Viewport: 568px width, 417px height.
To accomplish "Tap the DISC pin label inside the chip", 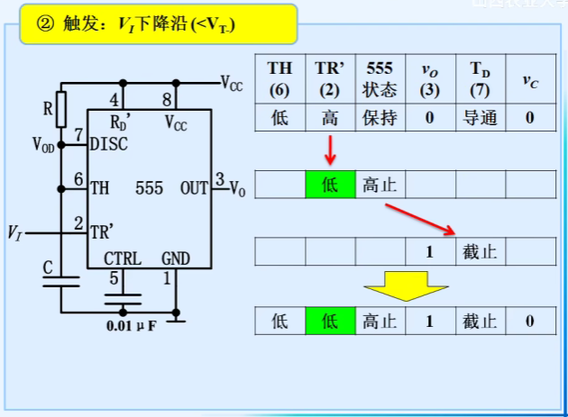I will click(109, 144).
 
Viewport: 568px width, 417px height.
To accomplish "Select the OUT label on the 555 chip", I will click(194, 188).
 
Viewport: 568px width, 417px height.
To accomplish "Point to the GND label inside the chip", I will click(176, 258).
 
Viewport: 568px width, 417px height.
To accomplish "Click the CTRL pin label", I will click(122, 258).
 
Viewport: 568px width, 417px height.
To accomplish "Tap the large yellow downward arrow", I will click(407, 285).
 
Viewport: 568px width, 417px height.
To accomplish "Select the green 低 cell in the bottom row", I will click(330, 320).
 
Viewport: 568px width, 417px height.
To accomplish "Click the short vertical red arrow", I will click(330, 150).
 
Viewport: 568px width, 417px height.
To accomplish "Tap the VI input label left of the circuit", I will click(14, 232).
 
